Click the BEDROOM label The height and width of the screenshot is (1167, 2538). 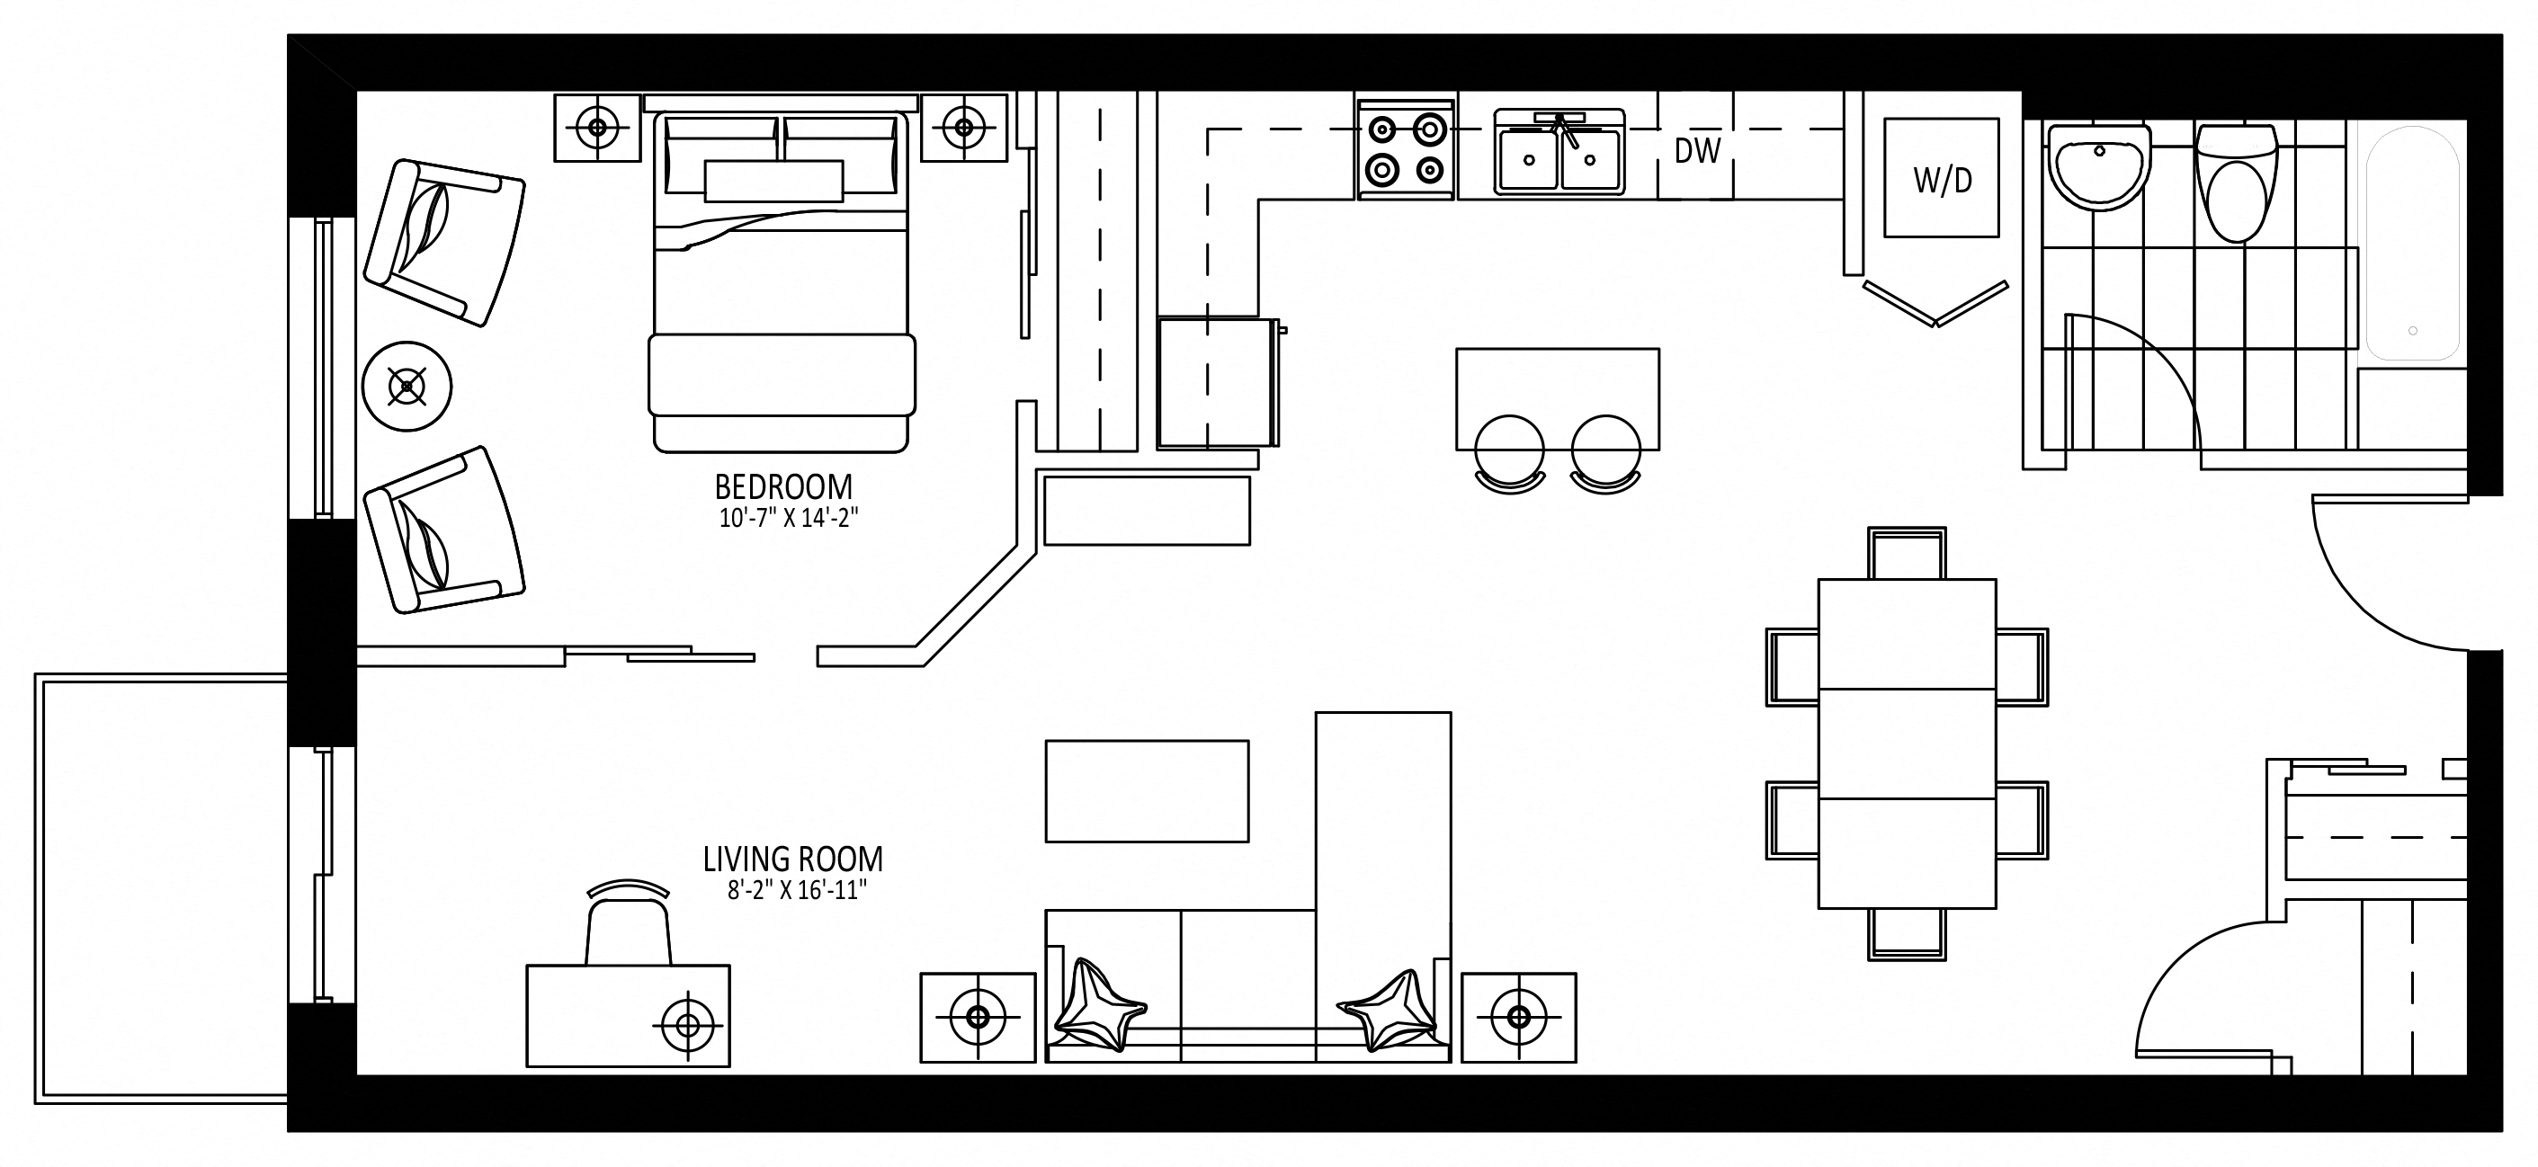coord(783,487)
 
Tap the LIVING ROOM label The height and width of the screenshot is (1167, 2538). coord(793,859)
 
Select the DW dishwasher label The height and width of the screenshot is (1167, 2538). coord(1698,151)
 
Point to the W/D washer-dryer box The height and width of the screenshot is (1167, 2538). coord(1942,178)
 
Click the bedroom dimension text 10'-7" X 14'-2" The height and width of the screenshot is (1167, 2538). coord(788,518)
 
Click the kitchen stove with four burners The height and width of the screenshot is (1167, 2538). coord(1406,149)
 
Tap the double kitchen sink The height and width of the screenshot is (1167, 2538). coord(1559,153)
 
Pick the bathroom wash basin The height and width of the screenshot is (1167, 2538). coord(2098,167)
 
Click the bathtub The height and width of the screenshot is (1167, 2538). coord(2413,242)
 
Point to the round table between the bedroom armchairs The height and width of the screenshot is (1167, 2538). coord(407,386)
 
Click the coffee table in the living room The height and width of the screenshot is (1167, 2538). coord(1147,791)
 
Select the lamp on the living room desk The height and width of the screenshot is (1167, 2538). coord(687,1027)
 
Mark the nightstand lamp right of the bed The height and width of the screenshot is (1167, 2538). coord(964,127)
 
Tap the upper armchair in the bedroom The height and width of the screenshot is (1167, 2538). coord(444,242)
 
